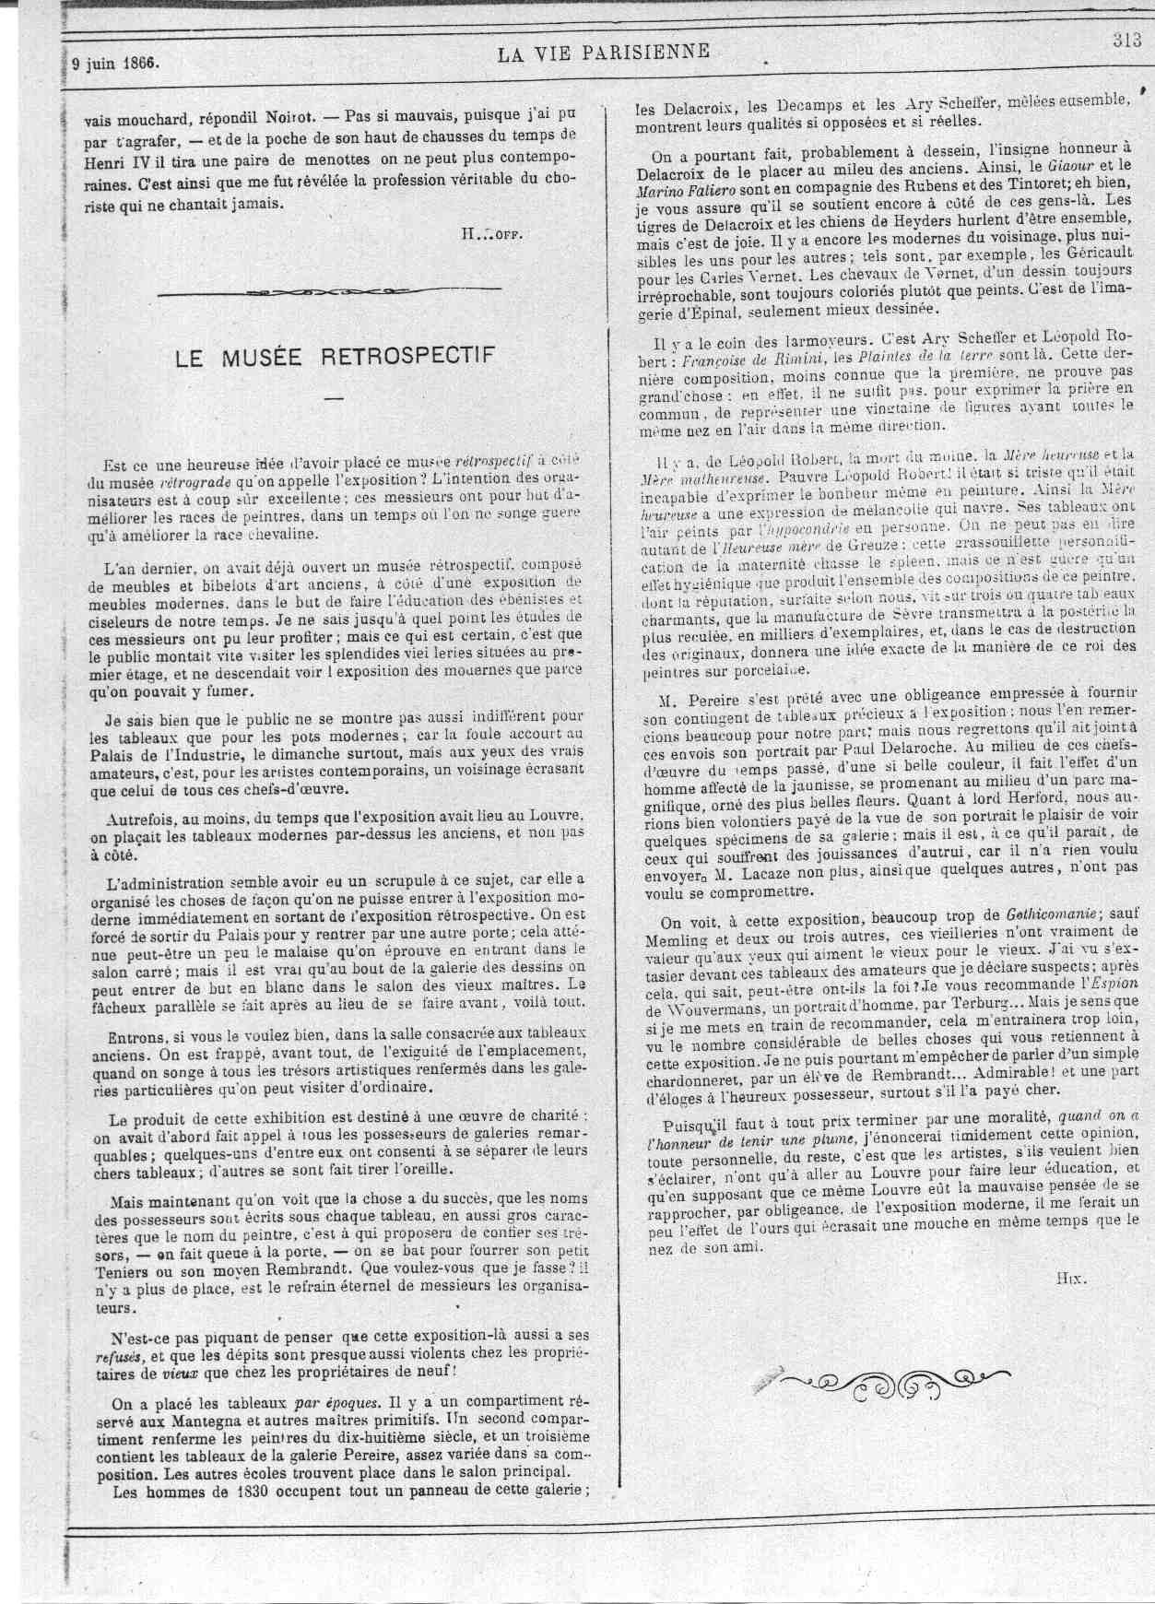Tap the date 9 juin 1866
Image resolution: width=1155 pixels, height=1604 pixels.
point(116,64)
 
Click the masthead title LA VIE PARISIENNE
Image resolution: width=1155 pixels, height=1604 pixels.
point(604,53)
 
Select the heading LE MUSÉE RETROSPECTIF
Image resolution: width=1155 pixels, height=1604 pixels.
point(335,357)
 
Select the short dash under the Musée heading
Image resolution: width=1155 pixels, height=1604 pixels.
point(334,398)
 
